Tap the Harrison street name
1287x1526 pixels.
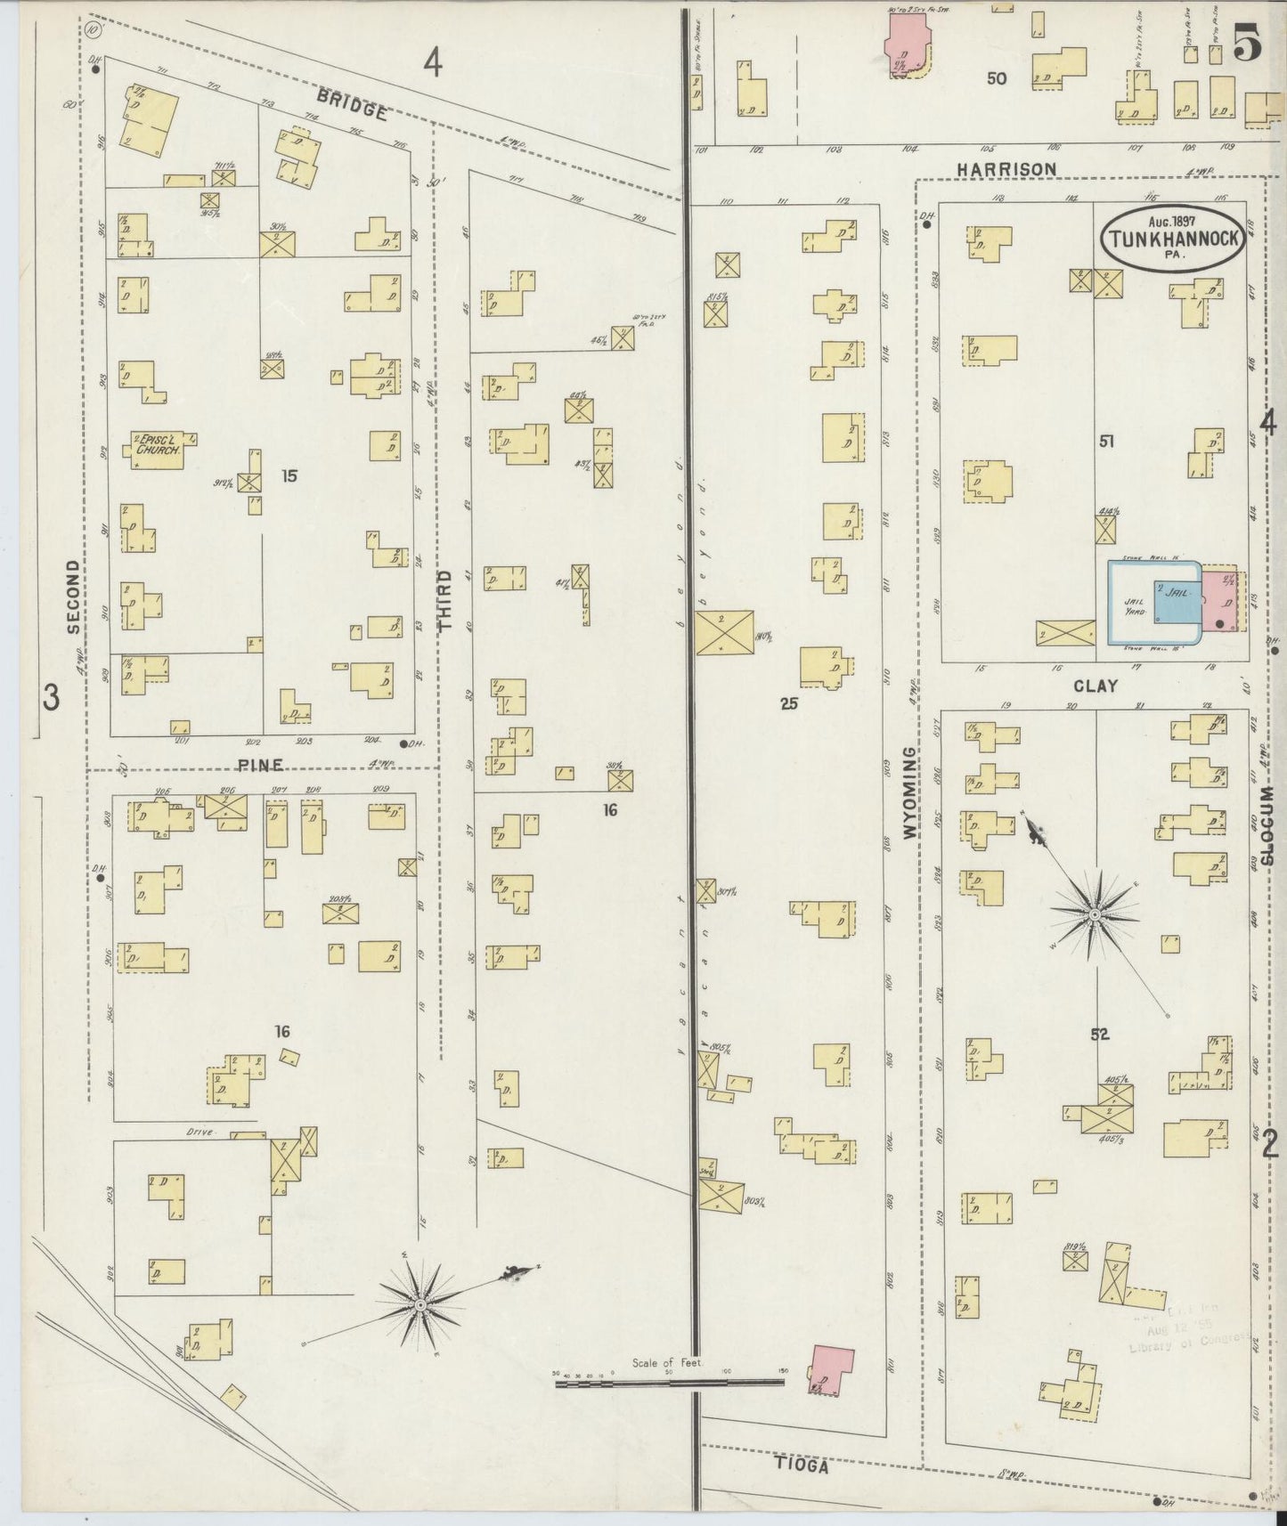(1006, 168)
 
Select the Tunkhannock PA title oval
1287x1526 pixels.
(1173, 237)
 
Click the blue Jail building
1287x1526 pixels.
(1177, 602)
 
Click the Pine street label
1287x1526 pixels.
(260, 764)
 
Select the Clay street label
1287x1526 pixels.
(1095, 686)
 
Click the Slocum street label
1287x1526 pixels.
(1268, 825)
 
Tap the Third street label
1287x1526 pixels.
(445, 601)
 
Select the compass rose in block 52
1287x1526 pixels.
(1095, 913)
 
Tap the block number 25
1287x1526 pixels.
(789, 703)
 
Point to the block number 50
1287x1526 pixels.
(996, 78)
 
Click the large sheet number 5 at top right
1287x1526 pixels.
(1247, 45)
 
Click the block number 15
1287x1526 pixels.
(289, 475)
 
